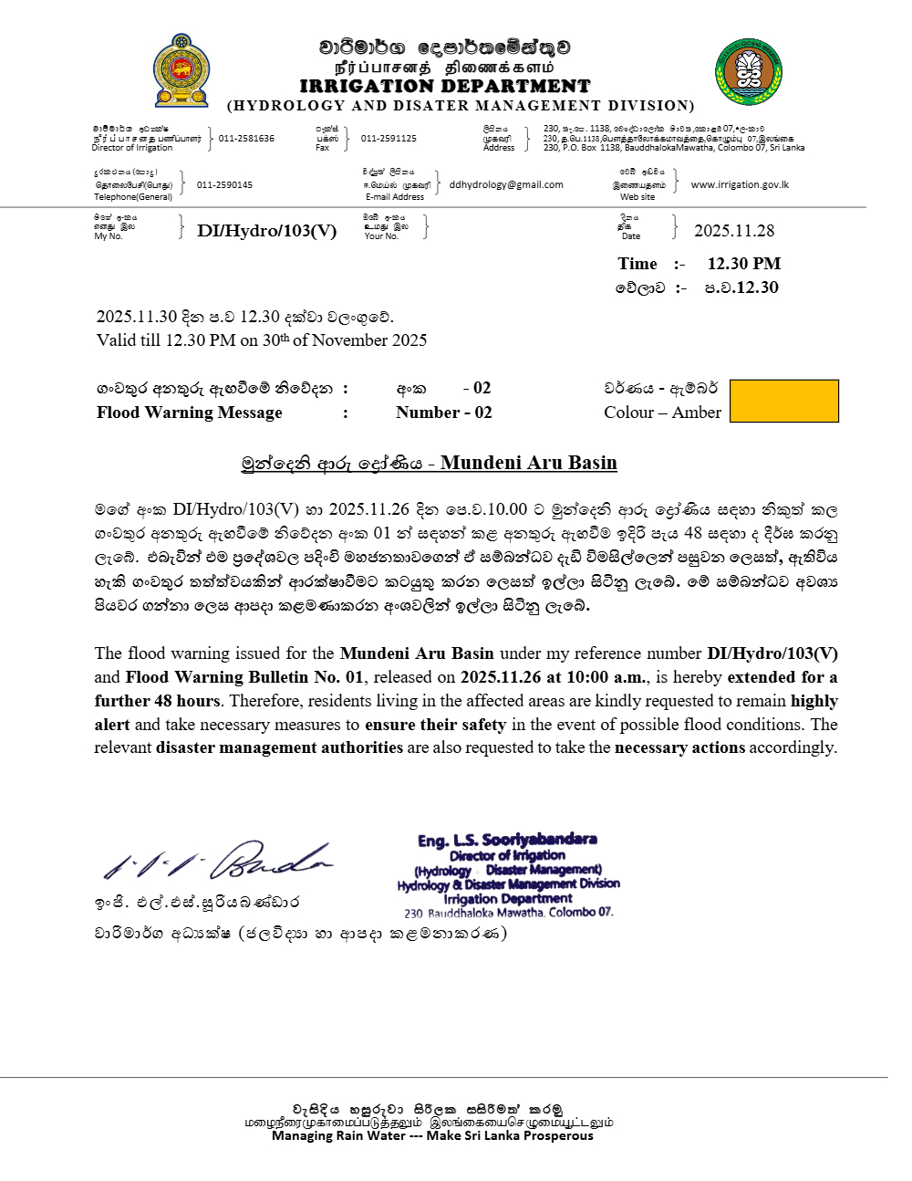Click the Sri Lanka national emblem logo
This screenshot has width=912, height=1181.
coord(181,71)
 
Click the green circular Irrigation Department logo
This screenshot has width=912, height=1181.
coord(749,71)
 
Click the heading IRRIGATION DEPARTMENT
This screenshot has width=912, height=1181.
coord(445,86)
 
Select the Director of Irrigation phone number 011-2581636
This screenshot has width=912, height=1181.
coord(246,139)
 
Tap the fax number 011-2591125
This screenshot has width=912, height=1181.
coord(389,139)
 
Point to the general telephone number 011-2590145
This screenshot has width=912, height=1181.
coord(224,185)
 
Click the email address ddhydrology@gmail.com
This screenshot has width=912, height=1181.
coord(506,184)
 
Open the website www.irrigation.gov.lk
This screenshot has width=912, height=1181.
coord(740,184)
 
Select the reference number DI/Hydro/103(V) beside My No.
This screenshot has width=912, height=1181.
coord(266,231)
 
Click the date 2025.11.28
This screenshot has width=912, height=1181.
coord(734,231)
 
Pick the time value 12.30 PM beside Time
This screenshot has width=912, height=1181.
coord(744,264)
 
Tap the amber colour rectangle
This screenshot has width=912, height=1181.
coord(784,402)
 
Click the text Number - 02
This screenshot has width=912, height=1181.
coord(444,413)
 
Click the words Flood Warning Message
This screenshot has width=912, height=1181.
coord(190,413)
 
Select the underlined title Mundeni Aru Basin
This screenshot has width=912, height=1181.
coord(528,463)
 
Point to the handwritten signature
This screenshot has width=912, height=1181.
coord(219,860)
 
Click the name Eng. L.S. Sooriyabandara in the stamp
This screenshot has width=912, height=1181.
coord(507,840)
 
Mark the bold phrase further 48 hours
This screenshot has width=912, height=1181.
coord(158,701)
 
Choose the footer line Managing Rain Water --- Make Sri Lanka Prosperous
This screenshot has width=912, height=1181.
coord(432,1135)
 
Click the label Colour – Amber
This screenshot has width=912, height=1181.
coord(662,413)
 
